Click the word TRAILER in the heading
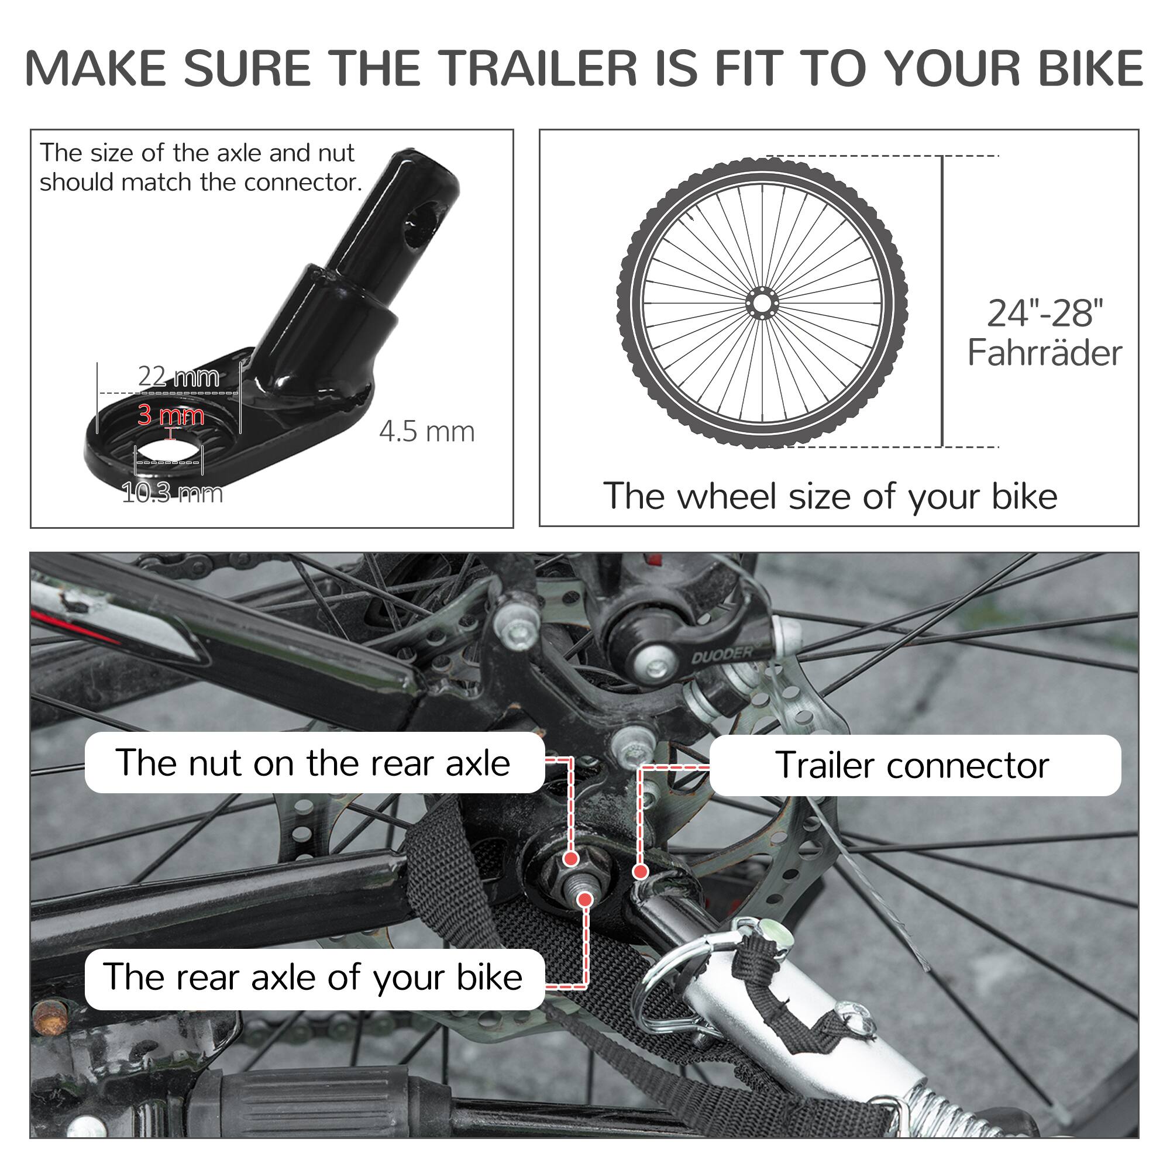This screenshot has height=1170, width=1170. [x=538, y=68]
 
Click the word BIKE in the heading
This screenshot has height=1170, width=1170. [x=1090, y=68]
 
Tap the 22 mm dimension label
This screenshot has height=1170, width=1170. [x=178, y=377]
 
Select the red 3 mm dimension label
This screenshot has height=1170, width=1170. [x=171, y=415]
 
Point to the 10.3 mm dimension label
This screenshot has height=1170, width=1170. [x=172, y=493]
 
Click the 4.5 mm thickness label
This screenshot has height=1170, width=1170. [x=427, y=432]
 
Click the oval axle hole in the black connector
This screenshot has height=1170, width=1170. [x=168, y=453]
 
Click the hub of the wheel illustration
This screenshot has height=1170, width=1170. [x=762, y=302]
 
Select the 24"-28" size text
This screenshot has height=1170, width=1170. [x=1045, y=313]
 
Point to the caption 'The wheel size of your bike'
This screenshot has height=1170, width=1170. [x=830, y=497]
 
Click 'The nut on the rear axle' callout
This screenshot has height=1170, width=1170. [x=314, y=762]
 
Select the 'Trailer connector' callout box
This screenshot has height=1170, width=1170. [x=914, y=765]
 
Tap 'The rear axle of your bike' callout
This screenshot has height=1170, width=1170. [x=314, y=977]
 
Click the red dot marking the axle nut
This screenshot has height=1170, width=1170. [x=570, y=859]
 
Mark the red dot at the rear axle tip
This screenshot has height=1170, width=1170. [x=584, y=900]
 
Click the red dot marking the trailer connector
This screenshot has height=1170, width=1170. [x=640, y=872]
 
